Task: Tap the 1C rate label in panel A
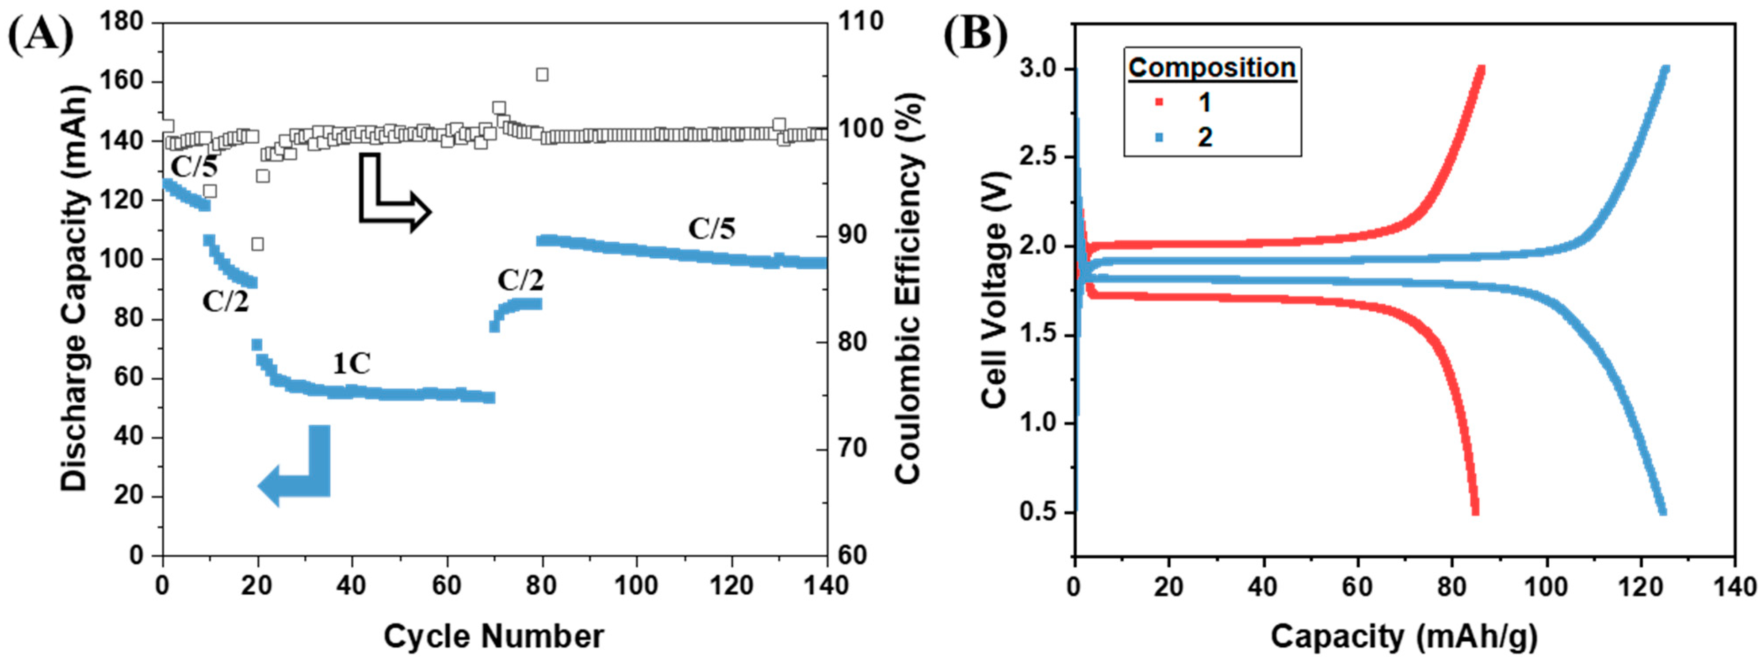click(x=352, y=364)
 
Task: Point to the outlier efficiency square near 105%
click(x=542, y=75)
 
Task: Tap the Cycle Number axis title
click(x=494, y=636)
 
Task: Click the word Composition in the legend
click(x=1211, y=68)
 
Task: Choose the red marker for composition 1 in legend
click(x=1159, y=103)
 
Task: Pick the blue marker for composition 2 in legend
click(x=1159, y=138)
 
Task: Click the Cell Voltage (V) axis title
click(x=995, y=290)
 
